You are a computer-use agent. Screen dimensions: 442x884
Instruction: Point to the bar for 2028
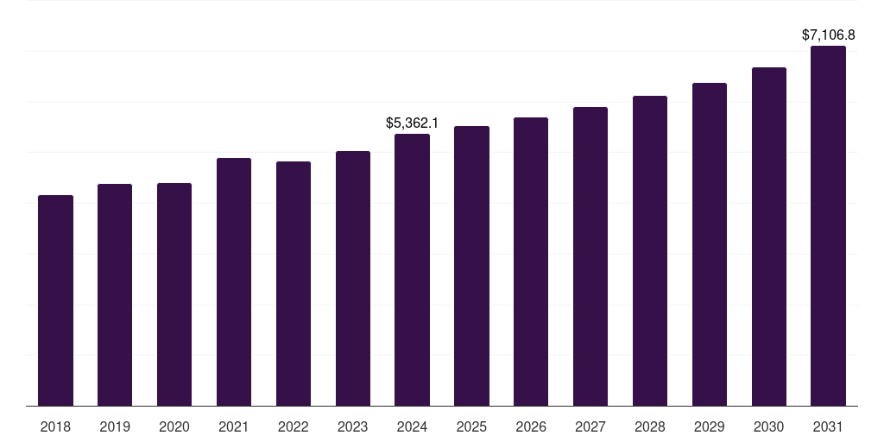pyautogui.click(x=650, y=250)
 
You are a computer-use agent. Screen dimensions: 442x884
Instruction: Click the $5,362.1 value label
pyautogui.click(x=412, y=123)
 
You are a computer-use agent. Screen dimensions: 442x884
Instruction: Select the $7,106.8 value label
pyautogui.click(x=828, y=35)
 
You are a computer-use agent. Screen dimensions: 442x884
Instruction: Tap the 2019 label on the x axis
pyautogui.click(x=115, y=426)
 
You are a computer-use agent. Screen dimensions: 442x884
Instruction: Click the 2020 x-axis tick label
pyautogui.click(x=174, y=426)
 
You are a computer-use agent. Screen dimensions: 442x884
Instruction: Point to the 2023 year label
pyautogui.click(x=352, y=426)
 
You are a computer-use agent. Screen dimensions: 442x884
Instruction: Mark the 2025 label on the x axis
pyautogui.click(x=471, y=426)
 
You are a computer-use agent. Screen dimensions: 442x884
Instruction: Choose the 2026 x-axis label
pyautogui.click(x=531, y=426)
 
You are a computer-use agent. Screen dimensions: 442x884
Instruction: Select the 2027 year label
pyautogui.click(x=590, y=426)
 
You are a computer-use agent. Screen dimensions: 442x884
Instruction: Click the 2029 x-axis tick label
pyautogui.click(x=710, y=426)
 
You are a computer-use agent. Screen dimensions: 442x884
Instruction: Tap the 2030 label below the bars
pyautogui.click(x=768, y=426)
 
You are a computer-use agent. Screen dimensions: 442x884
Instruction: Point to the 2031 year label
pyautogui.click(x=828, y=426)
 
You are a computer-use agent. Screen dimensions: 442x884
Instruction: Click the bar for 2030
pyautogui.click(x=768, y=237)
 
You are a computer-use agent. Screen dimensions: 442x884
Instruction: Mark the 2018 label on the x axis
pyautogui.click(x=55, y=426)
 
